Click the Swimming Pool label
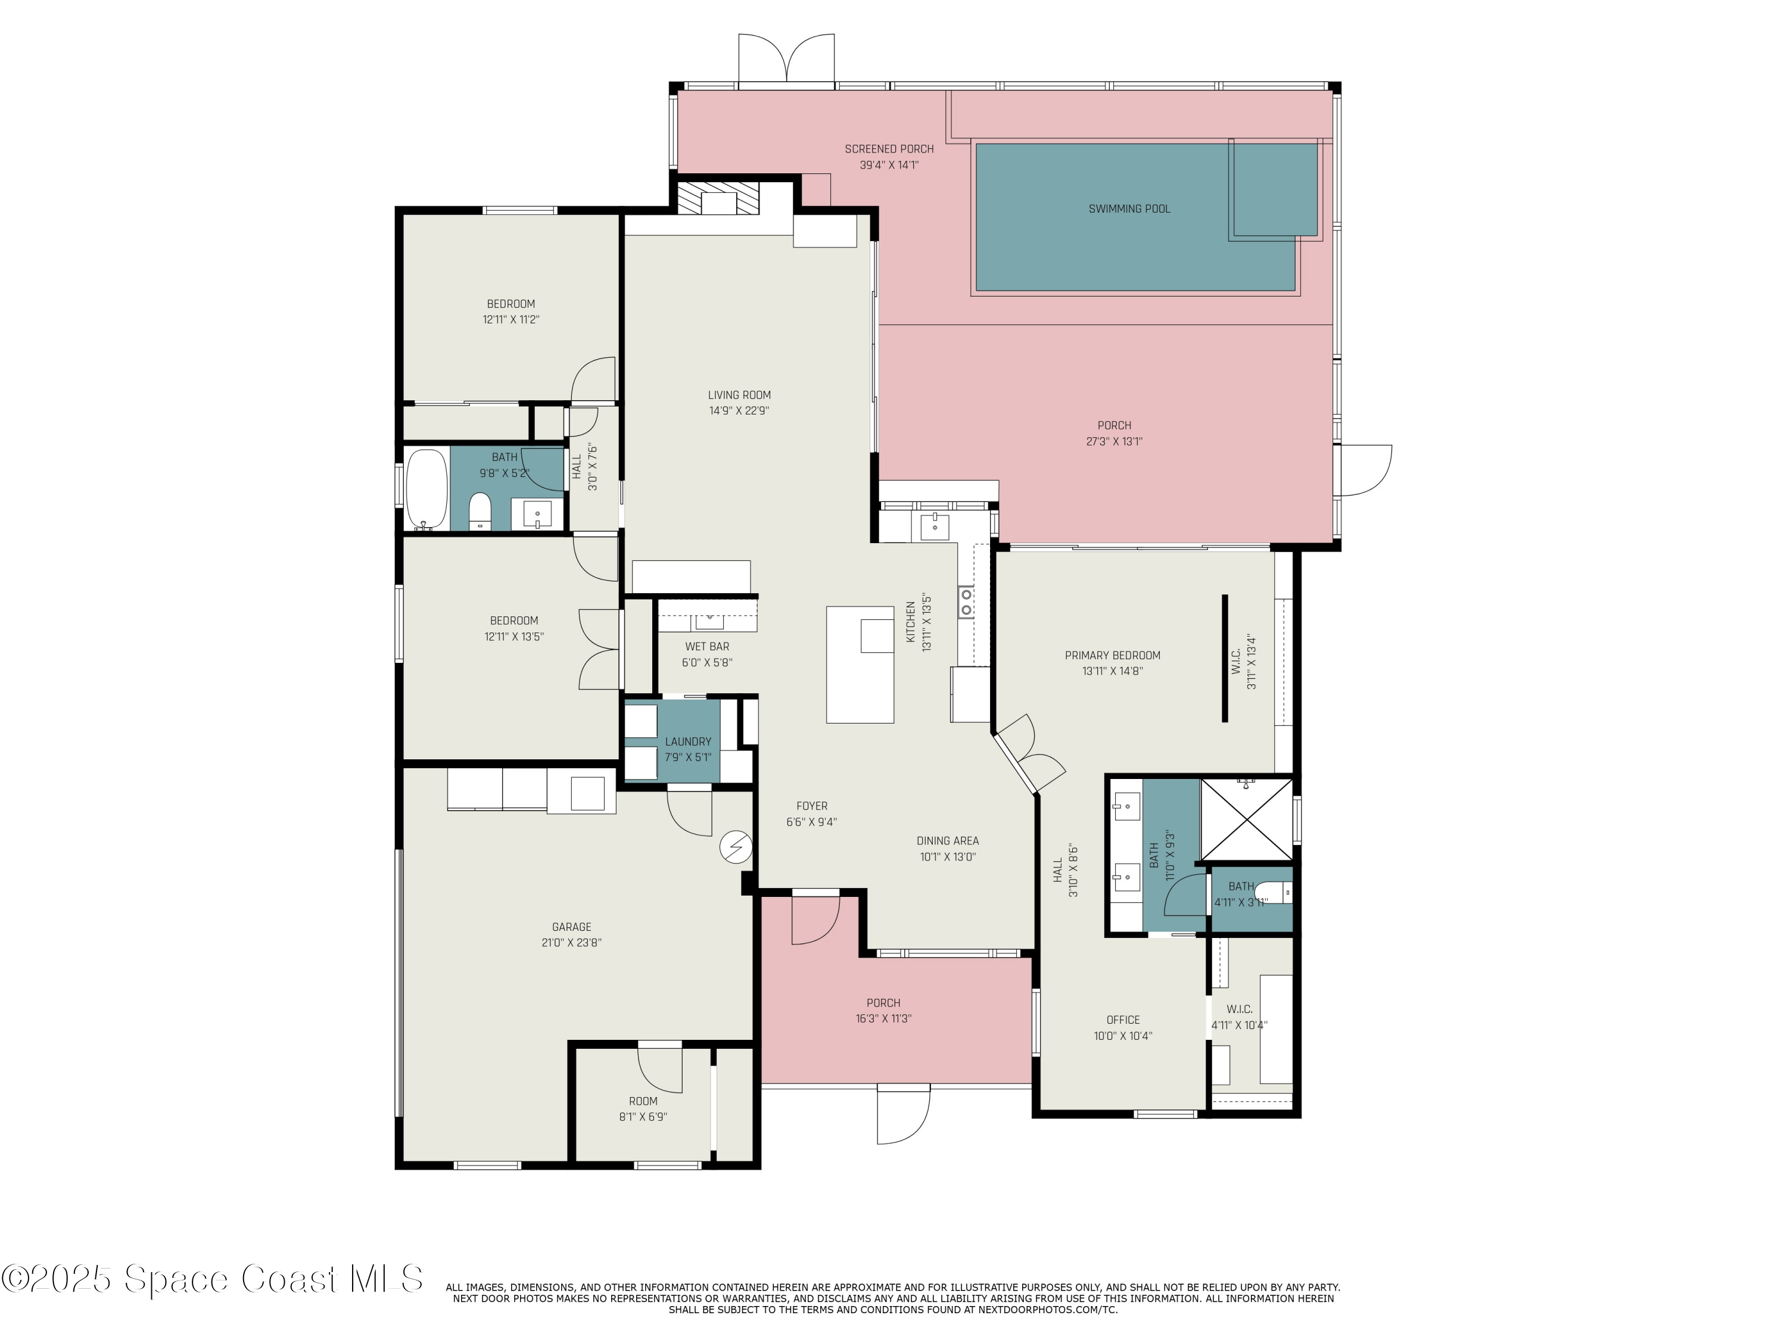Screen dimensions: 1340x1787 pyautogui.click(x=1129, y=208)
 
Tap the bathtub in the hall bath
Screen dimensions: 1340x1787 pyautogui.click(x=426, y=490)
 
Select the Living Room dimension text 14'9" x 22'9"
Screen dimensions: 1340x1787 pyautogui.click(x=739, y=410)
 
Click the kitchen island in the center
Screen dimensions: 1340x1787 pyautogui.click(x=860, y=664)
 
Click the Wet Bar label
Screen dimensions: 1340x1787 pyautogui.click(x=707, y=646)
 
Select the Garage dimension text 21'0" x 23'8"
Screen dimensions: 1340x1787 pyautogui.click(x=571, y=942)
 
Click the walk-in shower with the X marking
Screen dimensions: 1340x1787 pyautogui.click(x=1247, y=819)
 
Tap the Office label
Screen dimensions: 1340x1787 pyautogui.click(x=1123, y=1020)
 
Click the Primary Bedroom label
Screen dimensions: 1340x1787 pyautogui.click(x=1113, y=655)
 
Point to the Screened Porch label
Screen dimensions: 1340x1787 pyautogui.click(x=889, y=149)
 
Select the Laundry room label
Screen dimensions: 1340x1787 pyautogui.click(x=687, y=741)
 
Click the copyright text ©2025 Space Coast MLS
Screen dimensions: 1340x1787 pyautogui.click(x=211, y=1279)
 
